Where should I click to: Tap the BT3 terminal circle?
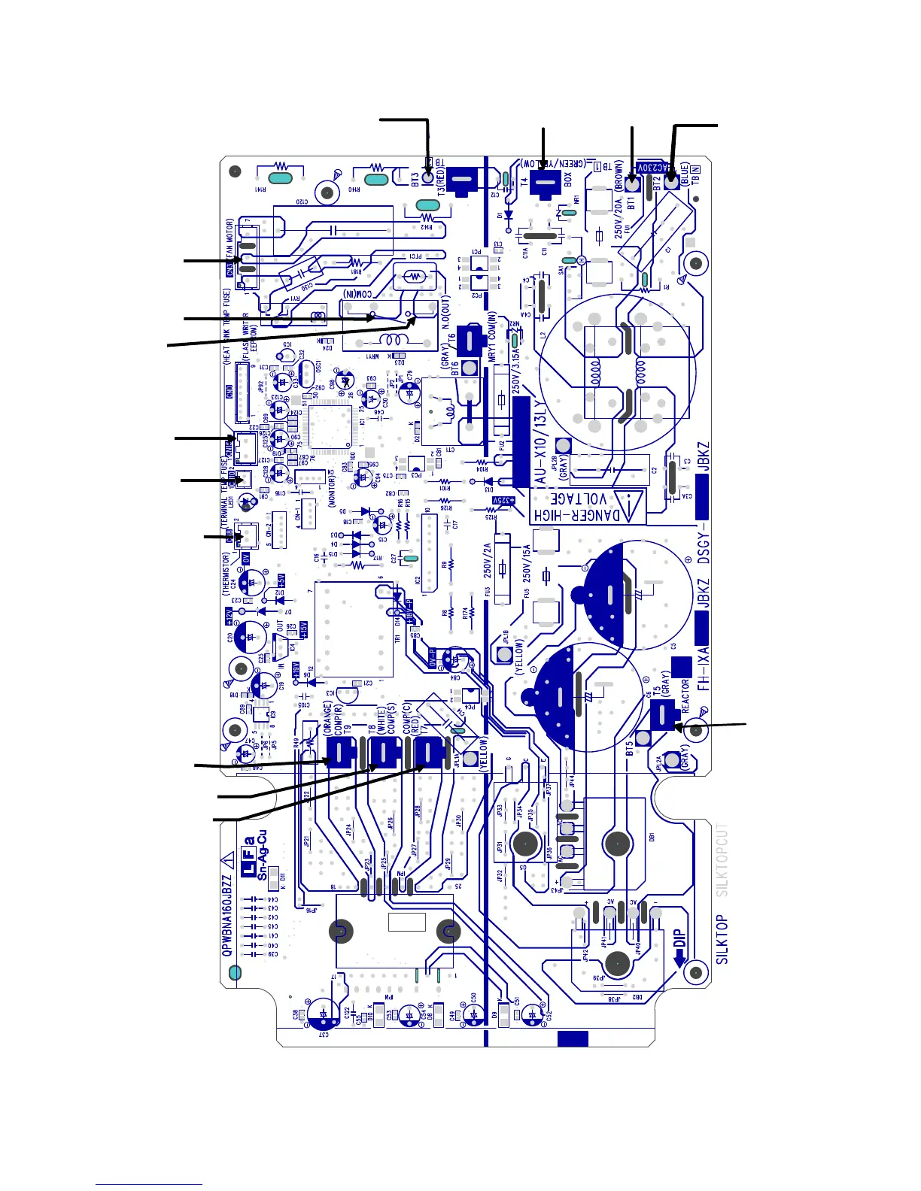point(428,178)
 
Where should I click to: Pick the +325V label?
point(503,499)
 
